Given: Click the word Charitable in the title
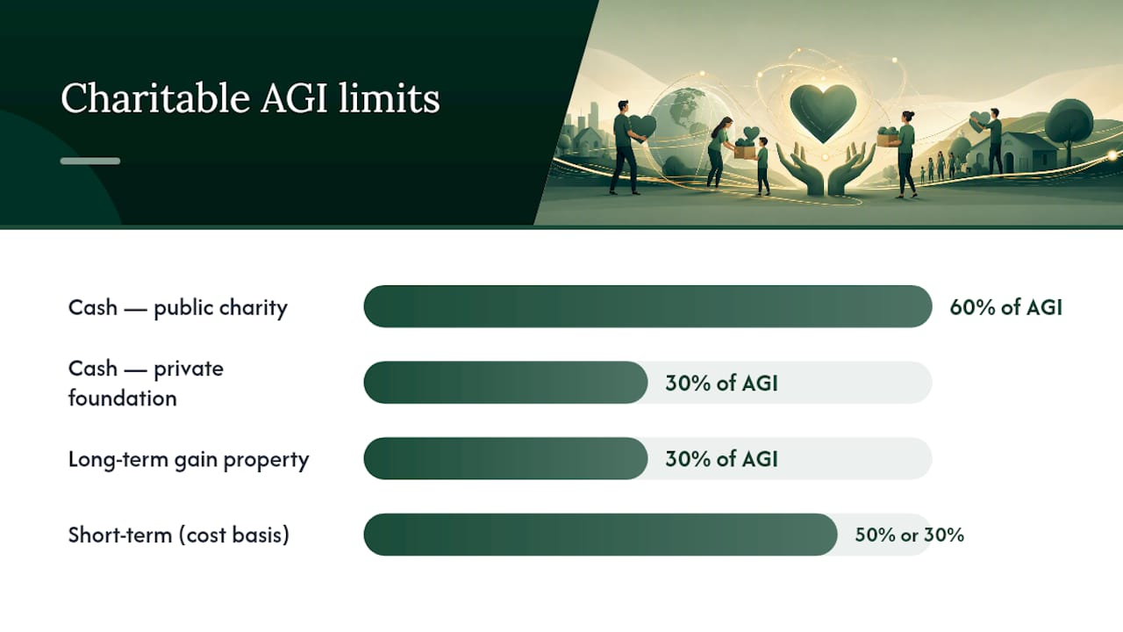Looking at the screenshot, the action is tap(155, 97).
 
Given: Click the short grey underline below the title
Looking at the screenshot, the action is tap(90, 161).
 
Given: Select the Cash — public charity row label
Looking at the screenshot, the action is tap(178, 308).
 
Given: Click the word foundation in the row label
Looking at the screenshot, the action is tap(123, 399).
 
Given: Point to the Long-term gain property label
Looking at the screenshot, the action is tap(189, 460).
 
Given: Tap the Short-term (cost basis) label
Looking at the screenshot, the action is tap(179, 535).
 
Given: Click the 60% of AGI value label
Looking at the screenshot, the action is tap(1005, 307).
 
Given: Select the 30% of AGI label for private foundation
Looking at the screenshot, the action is tap(721, 384).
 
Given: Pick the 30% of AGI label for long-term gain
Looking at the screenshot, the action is tap(721, 459).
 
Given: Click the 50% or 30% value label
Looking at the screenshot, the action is tap(909, 535).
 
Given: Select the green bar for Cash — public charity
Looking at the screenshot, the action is tap(647, 306).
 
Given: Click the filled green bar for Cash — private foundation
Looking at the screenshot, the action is tap(505, 382).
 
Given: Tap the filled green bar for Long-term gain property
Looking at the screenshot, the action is tap(505, 458).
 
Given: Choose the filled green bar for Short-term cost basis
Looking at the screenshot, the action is tap(600, 535).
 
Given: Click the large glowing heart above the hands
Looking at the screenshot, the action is tap(823, 112).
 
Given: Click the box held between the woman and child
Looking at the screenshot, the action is tap(745, 151).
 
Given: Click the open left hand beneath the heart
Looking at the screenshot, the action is tap(801, 169).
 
